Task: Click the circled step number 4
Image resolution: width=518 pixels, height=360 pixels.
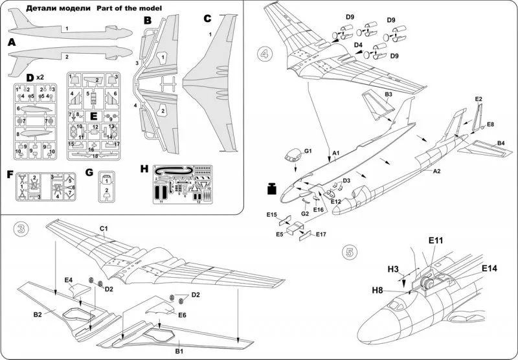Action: pyautogui.click(x=265, y=52)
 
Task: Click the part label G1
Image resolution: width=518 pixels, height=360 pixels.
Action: pyautogui.click(x=308, y=152)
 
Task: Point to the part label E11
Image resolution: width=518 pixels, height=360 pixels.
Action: pyautogui.click(x=435, y=240)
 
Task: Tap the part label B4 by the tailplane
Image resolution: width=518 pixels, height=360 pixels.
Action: pyautogui.click(x=501, y=142)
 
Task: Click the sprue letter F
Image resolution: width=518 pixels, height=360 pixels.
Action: pyautogui.click(x=9, y=174)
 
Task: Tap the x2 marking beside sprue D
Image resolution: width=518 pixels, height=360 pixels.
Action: pyautogui.click(x=39, y=77)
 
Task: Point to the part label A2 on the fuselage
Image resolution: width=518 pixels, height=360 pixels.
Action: pyautogui.click(x=436, y=172)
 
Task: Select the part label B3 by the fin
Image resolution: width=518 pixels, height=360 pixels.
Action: pyautogui.click(x=388, y=94)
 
